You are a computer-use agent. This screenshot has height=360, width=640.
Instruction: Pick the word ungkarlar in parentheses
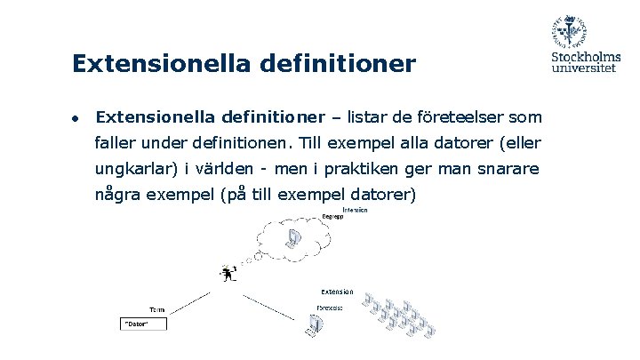pos(133,169)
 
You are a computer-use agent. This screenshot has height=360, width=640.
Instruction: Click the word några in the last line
pos(118,195)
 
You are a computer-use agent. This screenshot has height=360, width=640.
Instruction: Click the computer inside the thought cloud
pos(293,238)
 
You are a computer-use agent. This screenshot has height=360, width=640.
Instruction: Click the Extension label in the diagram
pos(336,292)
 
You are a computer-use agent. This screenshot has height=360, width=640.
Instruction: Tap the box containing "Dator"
pos(145,324)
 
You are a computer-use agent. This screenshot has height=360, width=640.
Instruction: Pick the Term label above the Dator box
pos(156,309)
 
